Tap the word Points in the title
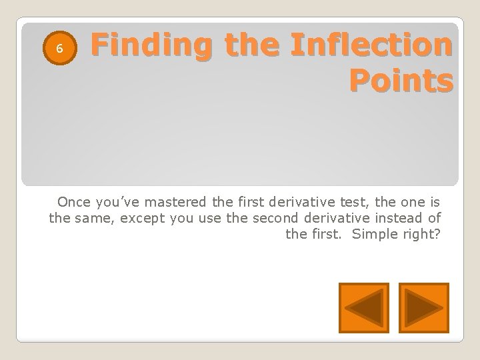(401, 81)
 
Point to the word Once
(73, 201)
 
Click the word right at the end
(423, 234)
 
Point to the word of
(435, 217)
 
